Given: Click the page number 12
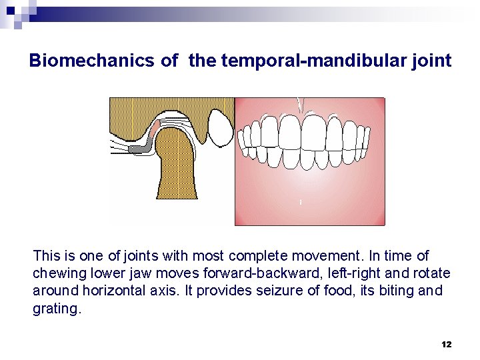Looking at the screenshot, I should pyautogui.click(x=446, y=344).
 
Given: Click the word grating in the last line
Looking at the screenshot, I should pyautogui.click(x=56, y=309).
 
